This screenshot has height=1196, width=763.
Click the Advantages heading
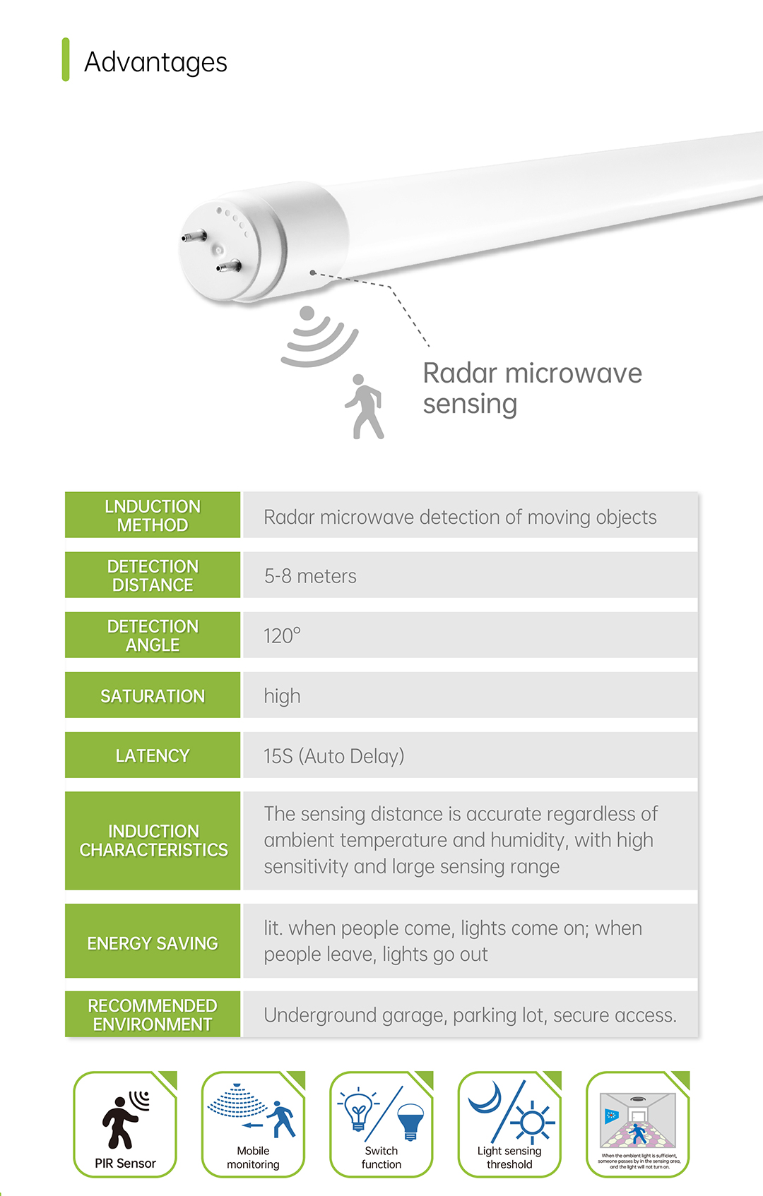155,62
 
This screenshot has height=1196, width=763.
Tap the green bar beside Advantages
66,59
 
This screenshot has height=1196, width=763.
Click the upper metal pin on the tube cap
194,236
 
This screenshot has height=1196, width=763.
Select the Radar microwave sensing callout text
532,388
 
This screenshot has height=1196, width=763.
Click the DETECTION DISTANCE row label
153,575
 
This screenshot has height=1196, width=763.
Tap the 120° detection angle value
282,635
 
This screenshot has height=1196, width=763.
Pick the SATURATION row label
153,696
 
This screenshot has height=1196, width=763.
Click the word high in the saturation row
282,696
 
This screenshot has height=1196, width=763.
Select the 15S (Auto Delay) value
333,756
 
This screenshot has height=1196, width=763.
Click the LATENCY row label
153,755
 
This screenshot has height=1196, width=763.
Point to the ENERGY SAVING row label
153,943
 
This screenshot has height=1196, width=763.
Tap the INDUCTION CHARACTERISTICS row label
153,840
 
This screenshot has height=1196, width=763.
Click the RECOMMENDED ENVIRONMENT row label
153,1015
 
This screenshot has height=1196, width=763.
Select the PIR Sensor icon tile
125,1124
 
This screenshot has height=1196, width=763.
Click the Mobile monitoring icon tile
253,1124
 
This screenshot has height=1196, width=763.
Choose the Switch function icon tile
381,1124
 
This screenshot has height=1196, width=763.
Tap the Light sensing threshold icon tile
509,1124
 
